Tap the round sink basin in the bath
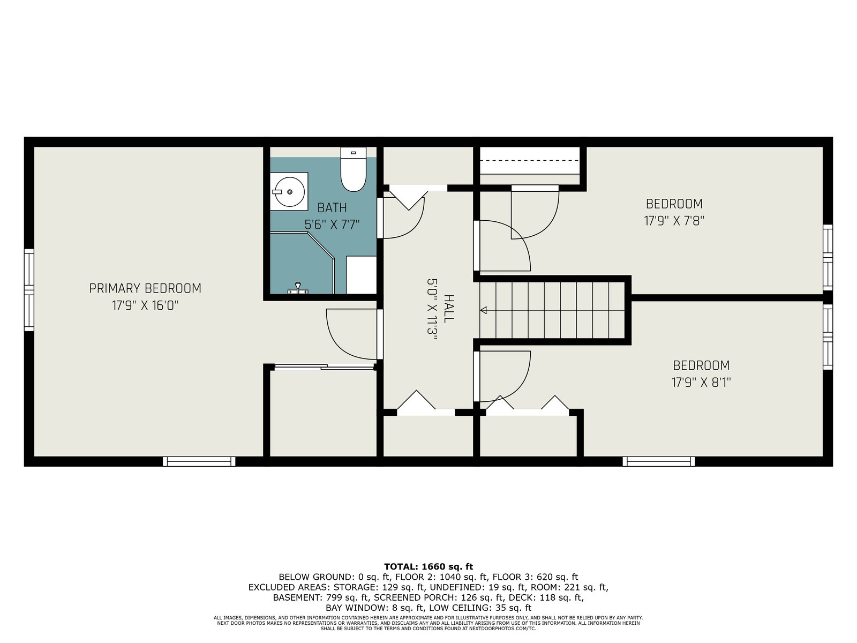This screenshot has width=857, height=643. click(x=289, y=192)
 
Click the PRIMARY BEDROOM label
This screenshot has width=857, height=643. click(x=145, y=288)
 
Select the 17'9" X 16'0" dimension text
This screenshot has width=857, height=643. click(x=145, y=305)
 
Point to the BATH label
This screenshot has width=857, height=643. click(x=332, y=208)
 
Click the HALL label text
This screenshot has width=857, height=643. click(x=449, y=309)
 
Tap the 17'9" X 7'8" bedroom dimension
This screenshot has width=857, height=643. click(x=674, y=221)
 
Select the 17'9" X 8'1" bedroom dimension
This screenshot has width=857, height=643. click(x=701, y=382)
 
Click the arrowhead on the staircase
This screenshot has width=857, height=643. click(x=483, y=310)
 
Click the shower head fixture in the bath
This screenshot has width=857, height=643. click(x=298, y=288)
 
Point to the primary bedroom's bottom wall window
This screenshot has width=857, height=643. click(x=199, y=461)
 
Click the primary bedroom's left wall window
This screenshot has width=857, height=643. click(x=29, y=290)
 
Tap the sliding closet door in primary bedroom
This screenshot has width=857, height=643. click(x=324, y=367)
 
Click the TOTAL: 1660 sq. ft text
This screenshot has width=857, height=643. click(x=428, y=566)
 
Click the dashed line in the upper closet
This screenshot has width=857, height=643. click(x=529, y=160)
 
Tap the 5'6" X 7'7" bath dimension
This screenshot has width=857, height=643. click(x=332, y=225)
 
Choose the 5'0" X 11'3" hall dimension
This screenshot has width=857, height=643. click(x=432, y=309)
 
